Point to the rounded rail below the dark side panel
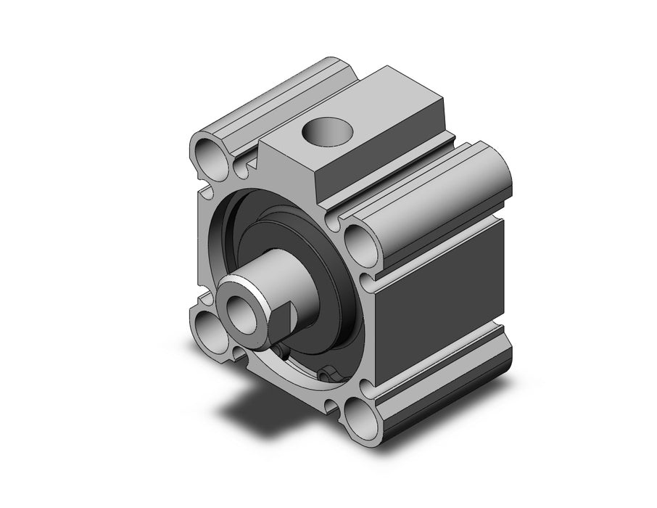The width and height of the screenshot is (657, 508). click(442, 377)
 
